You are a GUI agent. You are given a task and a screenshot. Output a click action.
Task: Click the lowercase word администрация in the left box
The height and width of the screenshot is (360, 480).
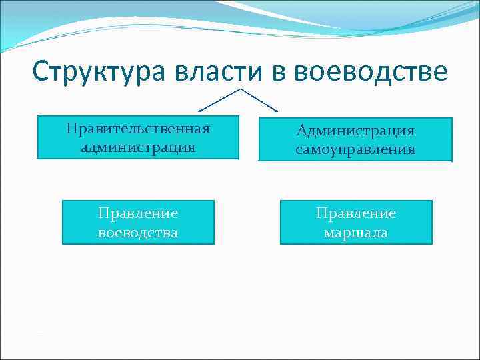click(x=138, y=146)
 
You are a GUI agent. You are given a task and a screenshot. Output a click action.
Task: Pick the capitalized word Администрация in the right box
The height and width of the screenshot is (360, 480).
click(x=355, y=130)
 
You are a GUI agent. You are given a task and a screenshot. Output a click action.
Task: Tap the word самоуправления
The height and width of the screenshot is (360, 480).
click(x=355, y=149)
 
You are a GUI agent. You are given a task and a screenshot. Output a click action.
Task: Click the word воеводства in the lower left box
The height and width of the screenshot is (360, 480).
click(x=138, y=233)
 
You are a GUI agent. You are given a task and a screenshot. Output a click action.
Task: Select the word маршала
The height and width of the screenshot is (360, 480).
click(x=356, y=233)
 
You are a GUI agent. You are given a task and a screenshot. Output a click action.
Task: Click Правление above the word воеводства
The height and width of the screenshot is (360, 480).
click(x=138, y=213)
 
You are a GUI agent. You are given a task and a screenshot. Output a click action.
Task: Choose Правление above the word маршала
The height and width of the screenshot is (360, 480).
click(x=356, y=213)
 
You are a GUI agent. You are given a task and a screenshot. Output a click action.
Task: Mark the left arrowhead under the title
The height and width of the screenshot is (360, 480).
click(x=201, y=109)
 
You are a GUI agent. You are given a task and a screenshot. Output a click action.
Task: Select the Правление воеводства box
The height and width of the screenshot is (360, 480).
click(x=138, y=223)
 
